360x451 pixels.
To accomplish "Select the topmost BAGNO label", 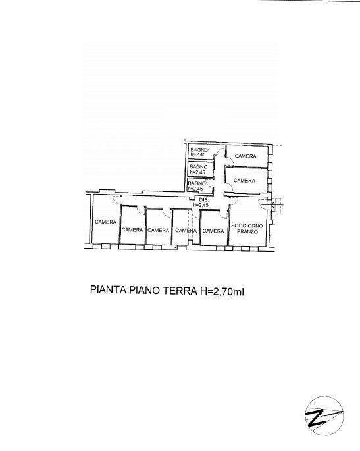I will pyautogui.click(x=199, y=150).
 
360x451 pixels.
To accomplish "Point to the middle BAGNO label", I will pyautogui.click(x=198, y=166).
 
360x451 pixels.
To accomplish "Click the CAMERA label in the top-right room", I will pyautogui.click(x=246, y=156).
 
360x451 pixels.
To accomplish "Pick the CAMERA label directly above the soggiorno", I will pyautogui.click(x=244, y=180).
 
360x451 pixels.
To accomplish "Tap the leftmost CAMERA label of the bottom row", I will pyautogui.click(x=105, y=222).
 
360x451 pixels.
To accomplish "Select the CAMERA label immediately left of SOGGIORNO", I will pyautogui.click(x=213, y=230).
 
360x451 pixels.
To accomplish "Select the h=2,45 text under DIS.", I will pyautogui.click(x=201, y=206).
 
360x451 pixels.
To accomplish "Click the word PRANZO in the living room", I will pyautogui.click(x=247, y=233).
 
